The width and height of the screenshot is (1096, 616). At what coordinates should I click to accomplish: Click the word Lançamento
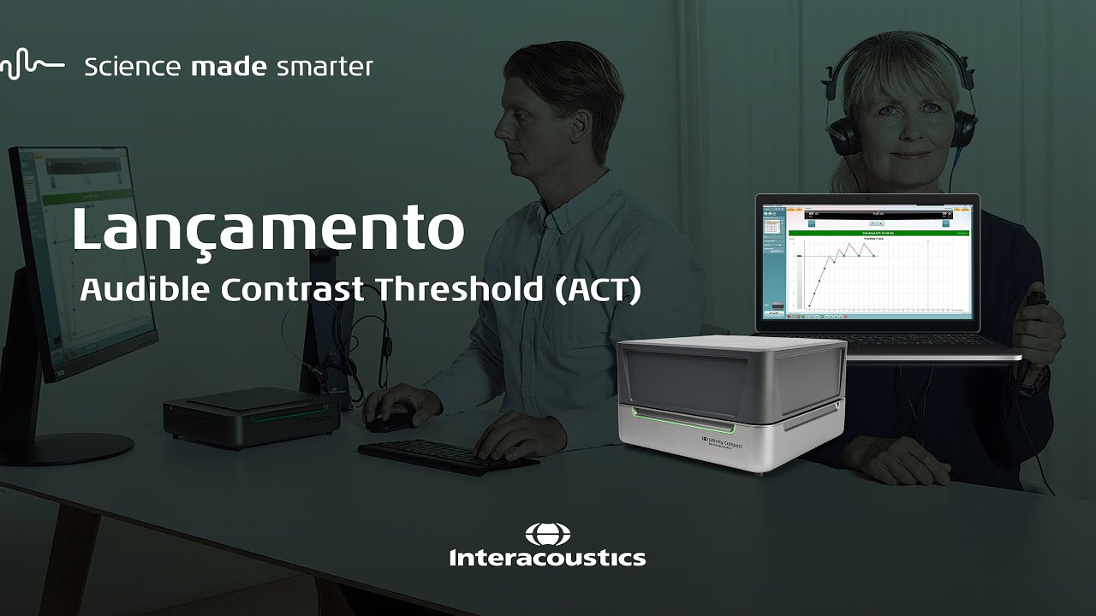pyautogui.click(x=267, y=229)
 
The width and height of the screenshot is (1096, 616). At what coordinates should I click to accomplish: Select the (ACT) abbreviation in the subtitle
pyautogui.click(x=598, y=290)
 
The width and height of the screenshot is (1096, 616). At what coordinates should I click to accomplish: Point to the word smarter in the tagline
pyautogui.click(x=325, y=67)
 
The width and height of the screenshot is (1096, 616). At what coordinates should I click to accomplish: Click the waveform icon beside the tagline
pyautogui.click(x=32, y=66)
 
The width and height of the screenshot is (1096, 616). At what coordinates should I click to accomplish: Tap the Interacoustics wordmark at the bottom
pyautogui.click(x=547, y=559)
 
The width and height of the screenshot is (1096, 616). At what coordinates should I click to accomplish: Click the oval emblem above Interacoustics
pyautogui.click(x=547, y=535)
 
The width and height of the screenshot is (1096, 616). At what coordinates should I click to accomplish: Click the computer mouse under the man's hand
pyautogui.click(x=390, y=420)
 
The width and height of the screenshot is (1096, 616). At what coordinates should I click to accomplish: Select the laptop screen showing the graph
pyautogui.click(x=867, y=261)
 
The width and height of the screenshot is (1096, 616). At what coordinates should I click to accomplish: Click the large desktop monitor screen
pyautogui.click(x=81, y=257)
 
